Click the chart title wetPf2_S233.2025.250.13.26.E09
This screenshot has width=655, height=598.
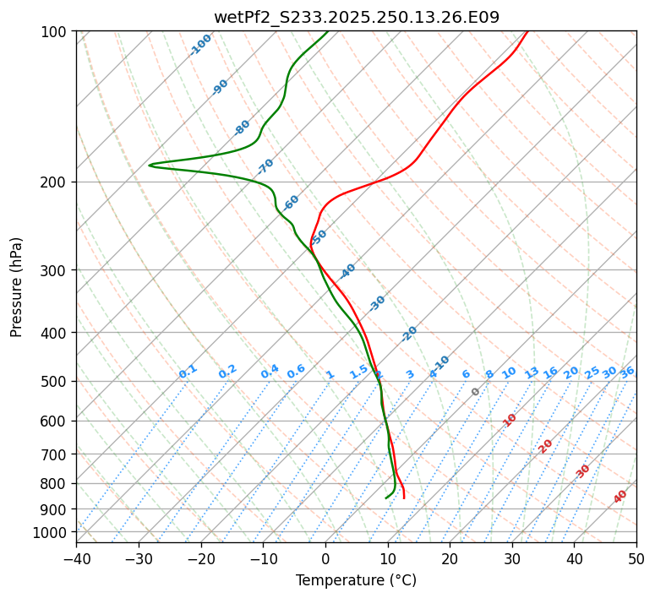click(356, 17)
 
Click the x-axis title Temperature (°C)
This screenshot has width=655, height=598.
click(356, 580)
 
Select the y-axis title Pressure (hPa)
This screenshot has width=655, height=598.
click(17, 287)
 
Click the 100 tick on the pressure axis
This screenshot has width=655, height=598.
click(57, 32)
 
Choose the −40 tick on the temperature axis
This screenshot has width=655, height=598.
click(76, 558)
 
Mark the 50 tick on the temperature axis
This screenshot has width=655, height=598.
click(636, 558)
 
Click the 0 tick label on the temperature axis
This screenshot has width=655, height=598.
click(325, 558)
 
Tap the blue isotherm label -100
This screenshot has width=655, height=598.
click(200, 45)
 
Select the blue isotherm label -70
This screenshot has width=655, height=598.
click(265, 166)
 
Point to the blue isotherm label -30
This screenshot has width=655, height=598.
click(377, 303)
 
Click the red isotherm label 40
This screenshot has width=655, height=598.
click(620, 497)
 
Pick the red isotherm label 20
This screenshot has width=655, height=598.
click(546, 445)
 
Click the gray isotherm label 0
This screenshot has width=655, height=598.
click(476, 392)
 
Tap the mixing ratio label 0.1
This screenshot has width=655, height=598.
click(188, 372)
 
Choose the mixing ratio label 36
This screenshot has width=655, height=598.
click(627, 372)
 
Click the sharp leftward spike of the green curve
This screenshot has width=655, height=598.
click(150, 165)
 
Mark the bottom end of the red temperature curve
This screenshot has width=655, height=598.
click(404, 497)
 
